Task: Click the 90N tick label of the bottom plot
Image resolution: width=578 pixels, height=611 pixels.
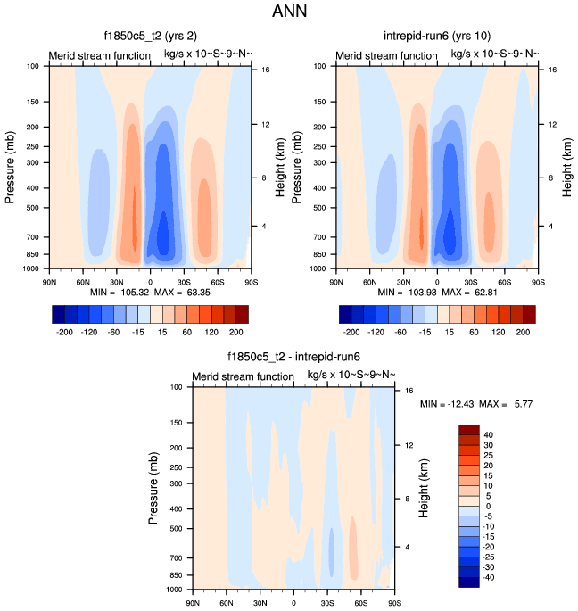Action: tap(193, 603)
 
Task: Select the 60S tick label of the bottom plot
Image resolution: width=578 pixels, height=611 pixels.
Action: tap(360, 603)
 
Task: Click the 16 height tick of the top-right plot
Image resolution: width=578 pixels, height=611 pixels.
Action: tap(553, 69)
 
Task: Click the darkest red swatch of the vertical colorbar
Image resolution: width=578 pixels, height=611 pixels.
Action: tap(469, 432)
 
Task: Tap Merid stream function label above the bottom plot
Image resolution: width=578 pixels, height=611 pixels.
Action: tap(244, 376)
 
